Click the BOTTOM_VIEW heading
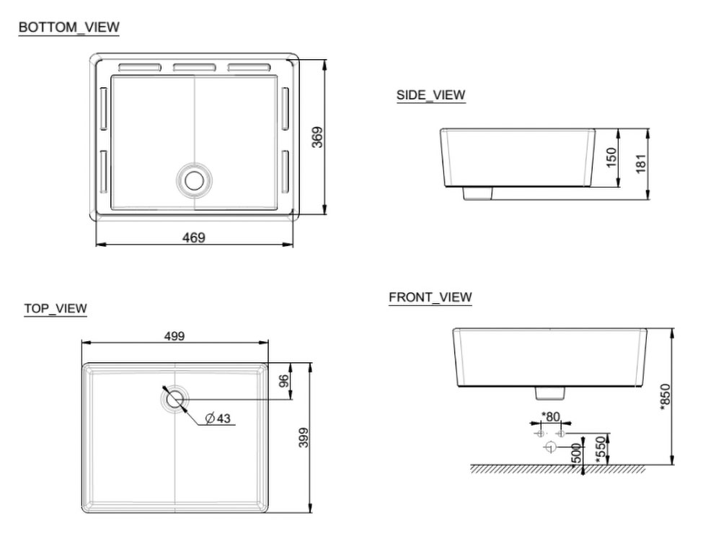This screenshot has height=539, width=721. pos(69,27)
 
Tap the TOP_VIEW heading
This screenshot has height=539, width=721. pos(56,309)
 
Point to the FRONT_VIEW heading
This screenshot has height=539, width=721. pos(430,297)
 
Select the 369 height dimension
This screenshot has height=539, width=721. pos(317,137)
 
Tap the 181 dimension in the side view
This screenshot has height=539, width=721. pos(641,164)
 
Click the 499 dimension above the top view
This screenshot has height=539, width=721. pos(174,336)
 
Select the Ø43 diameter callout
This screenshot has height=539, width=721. pos(218,419)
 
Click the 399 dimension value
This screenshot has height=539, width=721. pos(304,438)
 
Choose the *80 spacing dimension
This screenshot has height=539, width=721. pos(550,416)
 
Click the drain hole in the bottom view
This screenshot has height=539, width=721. pos(194,179)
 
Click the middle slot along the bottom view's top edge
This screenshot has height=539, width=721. pos(195,67)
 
